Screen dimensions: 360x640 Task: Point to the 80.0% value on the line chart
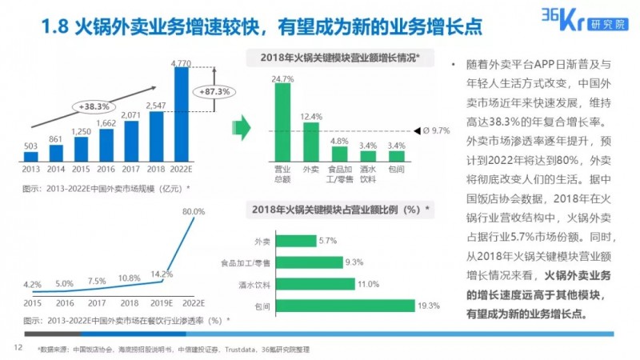point(194,211)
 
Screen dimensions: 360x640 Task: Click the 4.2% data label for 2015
point(32,284)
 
